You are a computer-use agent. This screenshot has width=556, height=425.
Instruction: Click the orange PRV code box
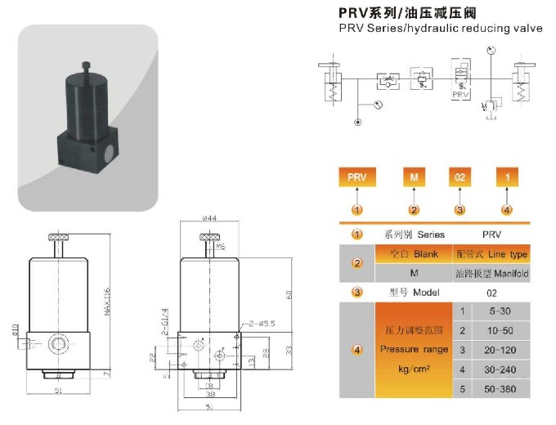356,177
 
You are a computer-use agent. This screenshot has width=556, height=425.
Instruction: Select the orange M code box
414,177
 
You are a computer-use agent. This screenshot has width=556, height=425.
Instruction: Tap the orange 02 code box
460,177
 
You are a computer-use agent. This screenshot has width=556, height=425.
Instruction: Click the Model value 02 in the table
491,292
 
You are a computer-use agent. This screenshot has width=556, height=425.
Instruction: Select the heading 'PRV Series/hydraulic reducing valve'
441,29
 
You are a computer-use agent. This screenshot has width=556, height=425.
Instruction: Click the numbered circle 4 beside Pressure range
356,350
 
